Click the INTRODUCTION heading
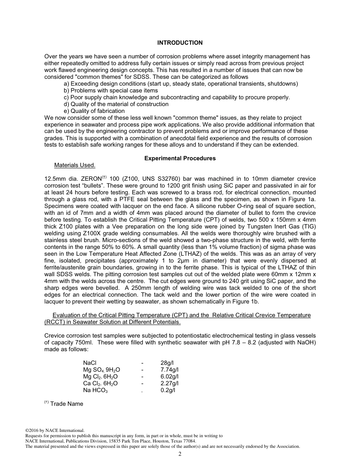[180, 43]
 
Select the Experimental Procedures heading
[180, 158]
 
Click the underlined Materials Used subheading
[75, 165]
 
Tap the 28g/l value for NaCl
[167, 363]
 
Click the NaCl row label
[90, 363]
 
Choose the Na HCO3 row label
[95, 390]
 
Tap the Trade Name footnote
[66, 404]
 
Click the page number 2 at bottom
[180, 454]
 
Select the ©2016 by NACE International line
[55, 430]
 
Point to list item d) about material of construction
[116, 104]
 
